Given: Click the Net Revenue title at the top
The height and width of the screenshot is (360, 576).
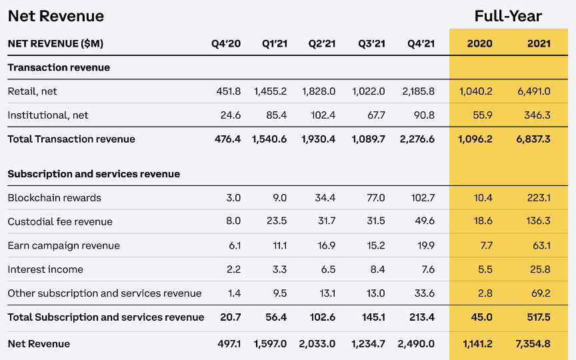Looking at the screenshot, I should coord(56,16).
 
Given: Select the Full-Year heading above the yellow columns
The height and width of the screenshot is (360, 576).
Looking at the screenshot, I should coord(508,16).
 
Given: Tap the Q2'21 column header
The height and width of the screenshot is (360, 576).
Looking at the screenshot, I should coord(322,44).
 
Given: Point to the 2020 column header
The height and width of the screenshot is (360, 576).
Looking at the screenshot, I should coord(479,44).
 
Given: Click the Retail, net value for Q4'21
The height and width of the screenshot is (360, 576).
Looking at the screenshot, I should coord(419,91).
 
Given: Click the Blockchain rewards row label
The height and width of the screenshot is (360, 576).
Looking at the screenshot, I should coord(55,198).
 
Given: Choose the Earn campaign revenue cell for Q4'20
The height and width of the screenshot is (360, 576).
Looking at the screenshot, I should coord(234,246).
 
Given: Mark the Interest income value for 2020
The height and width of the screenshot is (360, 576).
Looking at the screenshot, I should coord(485,270).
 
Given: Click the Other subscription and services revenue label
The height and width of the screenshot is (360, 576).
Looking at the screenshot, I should coord(105,294).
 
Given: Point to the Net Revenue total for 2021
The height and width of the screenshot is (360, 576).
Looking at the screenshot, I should coord(533,344).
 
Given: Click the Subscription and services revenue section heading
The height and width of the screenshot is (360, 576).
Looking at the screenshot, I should coord(94,174).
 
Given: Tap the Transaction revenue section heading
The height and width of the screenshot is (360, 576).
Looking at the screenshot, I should coord(59,67).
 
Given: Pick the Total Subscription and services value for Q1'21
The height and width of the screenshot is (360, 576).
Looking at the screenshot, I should coord(276,317).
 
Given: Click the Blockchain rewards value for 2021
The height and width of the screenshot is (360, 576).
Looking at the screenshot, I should coord(538,198).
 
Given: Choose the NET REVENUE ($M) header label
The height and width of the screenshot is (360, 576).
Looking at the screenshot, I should coord(55,44).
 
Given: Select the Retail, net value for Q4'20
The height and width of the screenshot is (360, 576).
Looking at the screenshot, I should coord(227,91).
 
